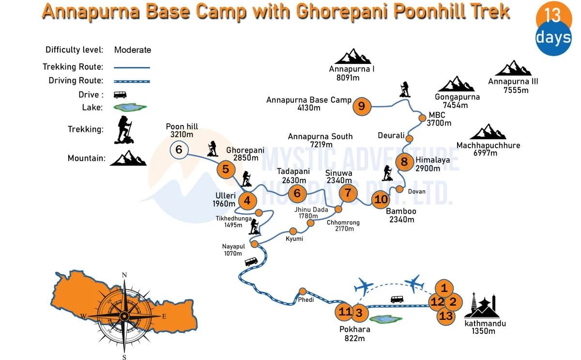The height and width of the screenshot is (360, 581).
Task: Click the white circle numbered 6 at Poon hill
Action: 179,150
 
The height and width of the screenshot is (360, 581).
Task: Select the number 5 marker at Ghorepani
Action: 226,170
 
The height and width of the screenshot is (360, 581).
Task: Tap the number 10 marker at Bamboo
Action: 381,199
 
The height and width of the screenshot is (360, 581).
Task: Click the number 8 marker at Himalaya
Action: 404,162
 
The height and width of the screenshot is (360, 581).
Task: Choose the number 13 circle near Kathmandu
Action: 446,316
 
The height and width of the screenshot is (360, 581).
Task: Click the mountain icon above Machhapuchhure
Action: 487,132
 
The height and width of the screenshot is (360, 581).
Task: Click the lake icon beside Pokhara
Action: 385,319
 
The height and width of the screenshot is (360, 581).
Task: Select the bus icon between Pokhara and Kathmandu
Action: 397,299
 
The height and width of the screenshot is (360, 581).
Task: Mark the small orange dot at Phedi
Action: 303,291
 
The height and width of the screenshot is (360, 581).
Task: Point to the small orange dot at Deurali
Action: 409,139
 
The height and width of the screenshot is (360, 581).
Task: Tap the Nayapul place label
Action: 233,247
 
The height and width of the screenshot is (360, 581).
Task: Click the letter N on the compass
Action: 124,275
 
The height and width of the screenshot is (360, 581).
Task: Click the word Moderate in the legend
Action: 133,50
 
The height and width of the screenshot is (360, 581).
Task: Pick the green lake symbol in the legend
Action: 130,107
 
